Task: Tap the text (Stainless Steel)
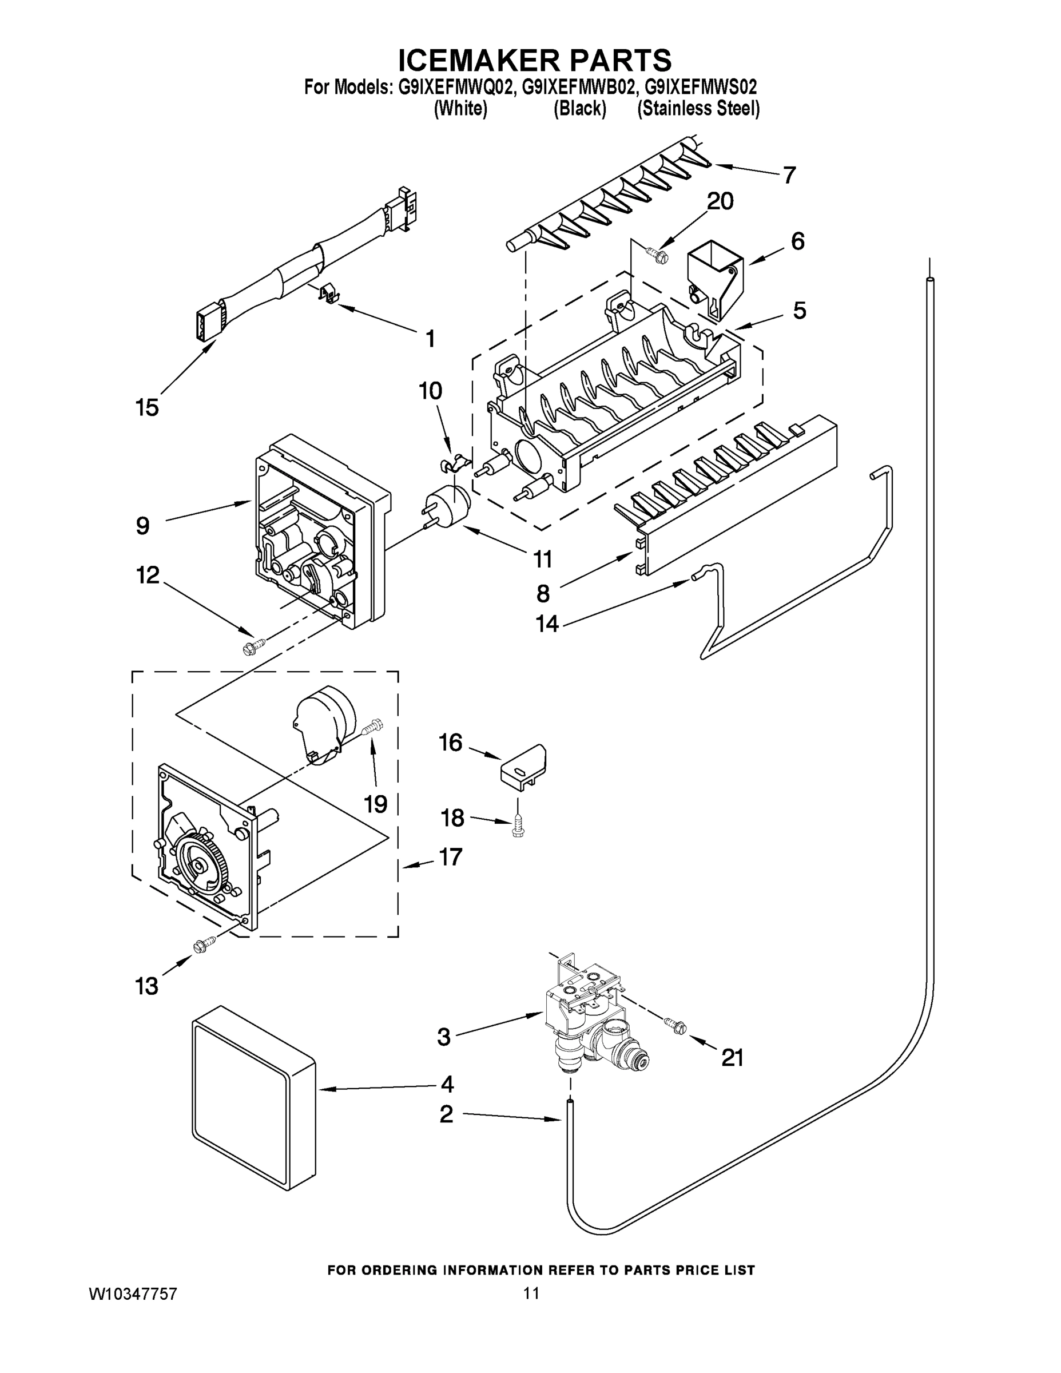click(698, 109)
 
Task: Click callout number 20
click(720, 201)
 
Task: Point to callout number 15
click(147, 407)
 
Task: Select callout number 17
click(451, 856)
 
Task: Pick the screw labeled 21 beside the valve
click(677, 1027)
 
